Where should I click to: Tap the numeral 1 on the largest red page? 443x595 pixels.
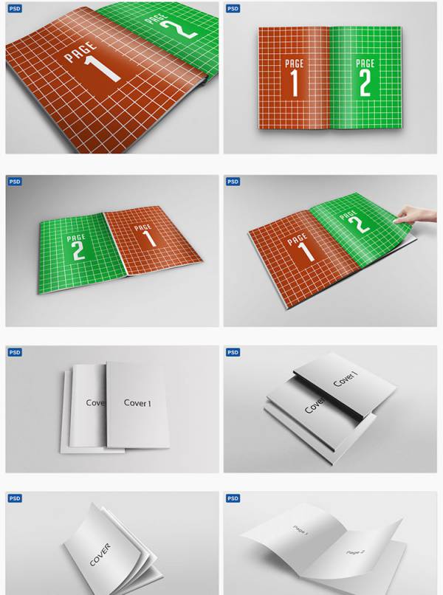point(102,69)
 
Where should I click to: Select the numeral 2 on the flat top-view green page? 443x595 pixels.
point(365,83)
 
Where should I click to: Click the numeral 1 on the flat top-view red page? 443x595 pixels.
point(295,83)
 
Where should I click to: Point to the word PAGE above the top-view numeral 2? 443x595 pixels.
point(365,63)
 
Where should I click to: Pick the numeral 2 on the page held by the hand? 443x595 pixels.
point(360,224)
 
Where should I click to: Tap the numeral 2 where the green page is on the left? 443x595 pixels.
point(78,250)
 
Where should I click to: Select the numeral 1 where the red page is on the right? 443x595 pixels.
point(148,238)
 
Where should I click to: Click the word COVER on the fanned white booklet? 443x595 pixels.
point(100,555)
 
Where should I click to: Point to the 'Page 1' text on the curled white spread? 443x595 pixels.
point(301,531)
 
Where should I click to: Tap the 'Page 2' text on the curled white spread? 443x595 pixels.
point(355,552)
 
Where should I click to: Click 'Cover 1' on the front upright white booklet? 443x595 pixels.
point(137,403)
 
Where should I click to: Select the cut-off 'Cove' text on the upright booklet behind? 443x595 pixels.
point(96,402)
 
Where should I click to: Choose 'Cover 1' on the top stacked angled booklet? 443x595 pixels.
point(346,379)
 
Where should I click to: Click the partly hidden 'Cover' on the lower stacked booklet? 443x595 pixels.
point(315,405)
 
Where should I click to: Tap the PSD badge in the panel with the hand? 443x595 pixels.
point(233,182)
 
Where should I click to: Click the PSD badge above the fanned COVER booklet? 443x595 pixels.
point(15,498)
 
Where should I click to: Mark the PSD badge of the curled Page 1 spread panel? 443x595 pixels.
point(233,498)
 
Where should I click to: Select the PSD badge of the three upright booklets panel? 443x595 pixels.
point(15,353)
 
